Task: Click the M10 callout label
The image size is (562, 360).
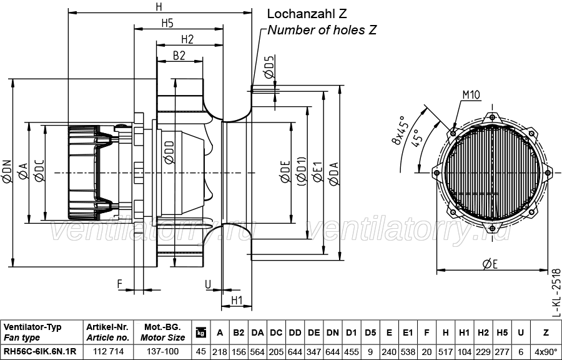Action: [471, 95]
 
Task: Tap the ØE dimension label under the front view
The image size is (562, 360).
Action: [490, 264]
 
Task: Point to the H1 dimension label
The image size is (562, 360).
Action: [237, 300]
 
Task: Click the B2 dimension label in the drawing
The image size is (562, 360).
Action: [179, 55]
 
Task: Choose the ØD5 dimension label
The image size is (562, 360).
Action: [270, 67]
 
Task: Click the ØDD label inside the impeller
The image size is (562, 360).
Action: [169, 152]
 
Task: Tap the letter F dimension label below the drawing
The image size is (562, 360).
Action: [120, 284]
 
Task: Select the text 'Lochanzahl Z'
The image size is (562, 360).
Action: [307, 14]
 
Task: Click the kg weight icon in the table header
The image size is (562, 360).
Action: [201, 332]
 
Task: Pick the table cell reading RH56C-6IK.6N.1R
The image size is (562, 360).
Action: [40, 351]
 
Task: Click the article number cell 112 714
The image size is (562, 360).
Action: [108, 351]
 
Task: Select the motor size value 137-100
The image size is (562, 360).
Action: [163, 351]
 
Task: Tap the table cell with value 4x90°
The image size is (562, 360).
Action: [546, 351]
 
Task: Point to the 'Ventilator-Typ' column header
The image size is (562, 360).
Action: [32, 327]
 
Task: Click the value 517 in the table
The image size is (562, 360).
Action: [445, 351]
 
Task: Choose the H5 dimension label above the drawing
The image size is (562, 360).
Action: [167, 23]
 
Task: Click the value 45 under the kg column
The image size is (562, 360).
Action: [201, 351]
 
